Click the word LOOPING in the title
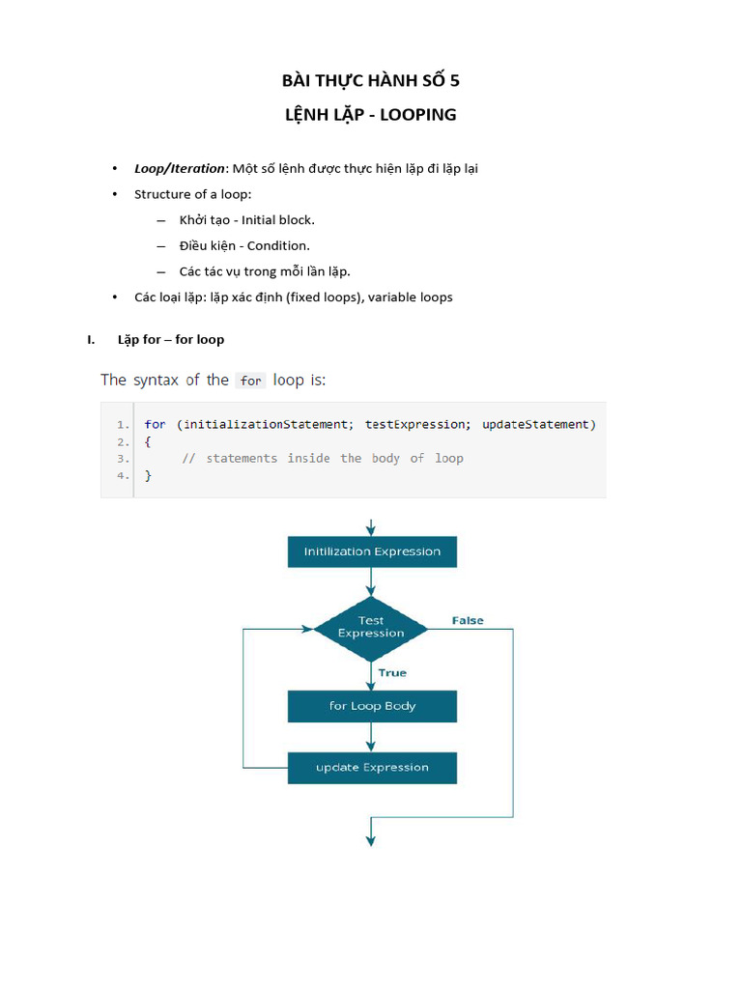coord(417,115)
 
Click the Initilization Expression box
coord(372,551)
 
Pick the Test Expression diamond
coord(371,628)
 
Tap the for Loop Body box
coord(372,706)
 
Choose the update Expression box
coord(372,768)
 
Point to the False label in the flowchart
coord(468,620)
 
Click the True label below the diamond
coord(392,672)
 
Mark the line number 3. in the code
coord(123,458)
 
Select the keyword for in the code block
coord(155,424)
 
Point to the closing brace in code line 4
coord(148,475)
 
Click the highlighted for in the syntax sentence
coord(251,381)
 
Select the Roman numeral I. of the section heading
coord(92,339)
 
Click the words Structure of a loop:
coord(192,194)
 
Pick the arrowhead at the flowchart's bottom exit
coord(371,840)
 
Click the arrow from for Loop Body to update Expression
coord(371,737)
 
